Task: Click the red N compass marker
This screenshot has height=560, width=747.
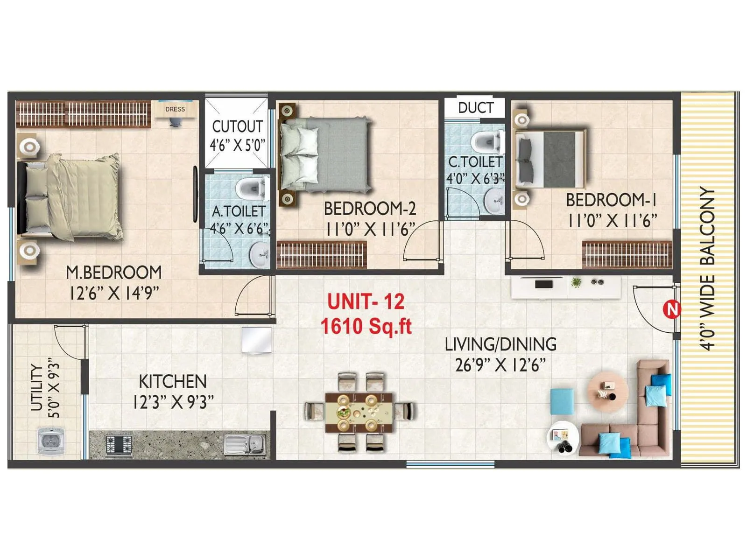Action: click(x=671, y=309)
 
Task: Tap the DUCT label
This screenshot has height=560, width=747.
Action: click(x=475, y=108)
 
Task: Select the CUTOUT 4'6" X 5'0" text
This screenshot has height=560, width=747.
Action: click(x=237, y=135)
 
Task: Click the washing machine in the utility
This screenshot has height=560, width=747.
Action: click(x=50, y=440)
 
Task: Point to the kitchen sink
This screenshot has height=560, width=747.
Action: click(x=245, y=444)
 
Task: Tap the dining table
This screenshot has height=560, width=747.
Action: click(x=359, y=412)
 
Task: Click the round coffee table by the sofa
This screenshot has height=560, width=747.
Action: click(x=607, y=392)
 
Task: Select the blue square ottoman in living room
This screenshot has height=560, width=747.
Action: click(x=562, y=401)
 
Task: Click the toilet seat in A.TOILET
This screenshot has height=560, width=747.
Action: click(x=251, y=189)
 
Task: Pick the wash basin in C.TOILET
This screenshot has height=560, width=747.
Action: click(x=494, y=201)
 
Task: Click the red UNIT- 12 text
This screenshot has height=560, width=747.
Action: click(x=366, y=301)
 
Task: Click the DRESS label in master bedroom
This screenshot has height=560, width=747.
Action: click(x=175, y=109)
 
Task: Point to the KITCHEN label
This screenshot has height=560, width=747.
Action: click(x=172, y=381)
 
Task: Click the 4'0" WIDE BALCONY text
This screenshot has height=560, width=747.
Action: click(x=707, y=269)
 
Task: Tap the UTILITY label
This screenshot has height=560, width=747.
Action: click(x=36, y=388)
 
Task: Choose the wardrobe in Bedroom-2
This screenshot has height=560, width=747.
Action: click(x=322, y=254)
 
